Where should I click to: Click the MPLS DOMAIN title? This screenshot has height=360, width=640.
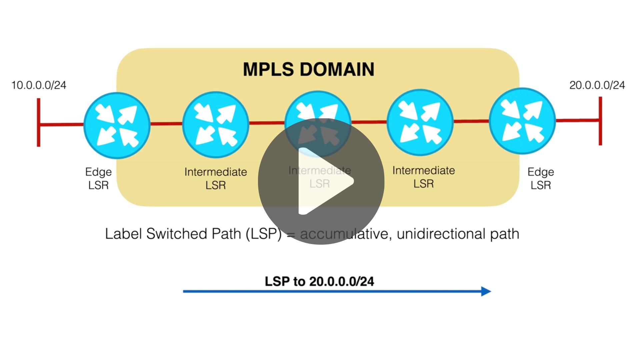coord(308,69)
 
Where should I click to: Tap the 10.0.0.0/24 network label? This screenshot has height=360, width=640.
coord(39,85)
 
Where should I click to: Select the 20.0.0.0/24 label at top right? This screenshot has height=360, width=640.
coord(597,85)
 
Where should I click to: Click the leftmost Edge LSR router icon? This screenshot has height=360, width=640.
coord(117,125)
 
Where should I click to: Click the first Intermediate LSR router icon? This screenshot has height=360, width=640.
coord(216,125)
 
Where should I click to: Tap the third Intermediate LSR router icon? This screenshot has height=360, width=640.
coord(420,122)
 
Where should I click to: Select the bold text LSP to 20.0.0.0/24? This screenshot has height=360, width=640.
coord(319,281)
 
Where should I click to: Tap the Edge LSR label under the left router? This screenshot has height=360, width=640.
coord(98,178)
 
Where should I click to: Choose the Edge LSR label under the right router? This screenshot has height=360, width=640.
coord(540,178)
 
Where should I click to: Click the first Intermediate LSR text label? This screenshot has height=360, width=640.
coord(216,178)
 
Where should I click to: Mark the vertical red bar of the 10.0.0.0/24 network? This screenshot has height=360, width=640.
coord(39,122)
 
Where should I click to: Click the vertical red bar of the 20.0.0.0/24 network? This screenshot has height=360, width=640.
coord(600,121)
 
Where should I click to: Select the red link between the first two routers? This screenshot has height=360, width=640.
coord(166,125)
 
